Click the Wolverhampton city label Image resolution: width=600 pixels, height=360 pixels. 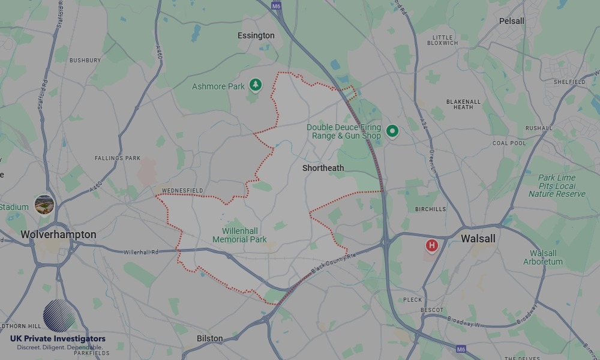pyautogui.click(x=58, y=235)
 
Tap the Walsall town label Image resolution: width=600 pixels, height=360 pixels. pyautogui.click(x=478, y=239)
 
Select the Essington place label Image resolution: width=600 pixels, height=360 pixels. pyautogui.click(x=256, y=35)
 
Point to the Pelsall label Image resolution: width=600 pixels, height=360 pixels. pyautogui.click(x=511, y=21)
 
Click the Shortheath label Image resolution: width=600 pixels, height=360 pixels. pyautogui.click(x=323, y=168)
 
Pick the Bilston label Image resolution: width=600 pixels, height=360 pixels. pyautogui.click(x=209, y=338)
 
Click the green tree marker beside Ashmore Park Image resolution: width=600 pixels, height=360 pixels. pyautogui.click(x=256, y=85)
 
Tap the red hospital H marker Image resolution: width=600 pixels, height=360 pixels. pyautogui.click(x=431, y=245)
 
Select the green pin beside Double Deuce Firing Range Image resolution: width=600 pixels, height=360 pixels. pyautogui.click(x=392, y=130)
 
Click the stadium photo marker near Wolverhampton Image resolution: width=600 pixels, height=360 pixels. pyautogui.click(x=44, y=204)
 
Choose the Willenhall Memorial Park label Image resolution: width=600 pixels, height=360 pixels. pyautogui.click(x=239, y=235)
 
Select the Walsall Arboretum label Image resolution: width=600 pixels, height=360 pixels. pyautogui.click(x=543, y=257)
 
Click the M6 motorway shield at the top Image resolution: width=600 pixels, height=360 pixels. pyautogui.click(x=276, y=6)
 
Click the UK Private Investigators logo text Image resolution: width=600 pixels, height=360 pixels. pyautogui.click(x=58, y=339)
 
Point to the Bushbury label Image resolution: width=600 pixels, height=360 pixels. pyautogui.click(x=85, y=61)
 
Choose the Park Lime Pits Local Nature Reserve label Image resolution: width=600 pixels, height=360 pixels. pyautogui.click(x=556, y=186)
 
